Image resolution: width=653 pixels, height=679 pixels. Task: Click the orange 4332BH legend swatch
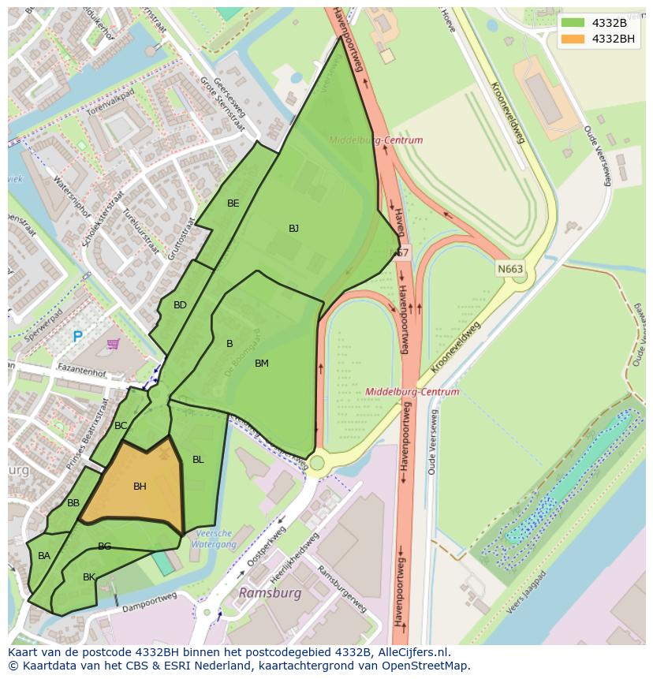pos(573,39)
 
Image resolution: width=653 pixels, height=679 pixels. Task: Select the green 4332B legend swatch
pos(573,22)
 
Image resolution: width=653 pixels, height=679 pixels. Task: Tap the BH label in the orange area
pos(140,487)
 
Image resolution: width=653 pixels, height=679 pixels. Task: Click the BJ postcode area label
pos(293,229)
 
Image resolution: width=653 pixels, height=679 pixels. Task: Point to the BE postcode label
pos(233,203)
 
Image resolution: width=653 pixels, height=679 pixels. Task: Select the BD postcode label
pos(180,305)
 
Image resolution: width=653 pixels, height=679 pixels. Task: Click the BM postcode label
pos(262,364)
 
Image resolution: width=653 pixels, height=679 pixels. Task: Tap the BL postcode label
pos(198,460)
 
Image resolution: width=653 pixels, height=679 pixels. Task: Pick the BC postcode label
pos(121,426)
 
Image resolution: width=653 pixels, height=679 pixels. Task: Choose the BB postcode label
pos(73,503)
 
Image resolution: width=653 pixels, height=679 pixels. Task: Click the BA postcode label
pos(44,556)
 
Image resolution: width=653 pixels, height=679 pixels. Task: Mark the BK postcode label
pos(89,577)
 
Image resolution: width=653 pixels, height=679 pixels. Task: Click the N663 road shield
pos(510,269)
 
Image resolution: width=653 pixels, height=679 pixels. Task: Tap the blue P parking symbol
pos(77,337)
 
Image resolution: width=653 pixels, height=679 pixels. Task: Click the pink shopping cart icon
pos(113,344)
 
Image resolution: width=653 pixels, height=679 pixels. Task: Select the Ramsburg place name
pos(270,592)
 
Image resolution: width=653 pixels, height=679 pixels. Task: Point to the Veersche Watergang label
pos(213,539)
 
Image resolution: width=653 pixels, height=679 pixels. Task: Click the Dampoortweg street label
pos(144,607)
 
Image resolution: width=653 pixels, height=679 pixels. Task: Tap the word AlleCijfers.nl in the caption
pos(409,652)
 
